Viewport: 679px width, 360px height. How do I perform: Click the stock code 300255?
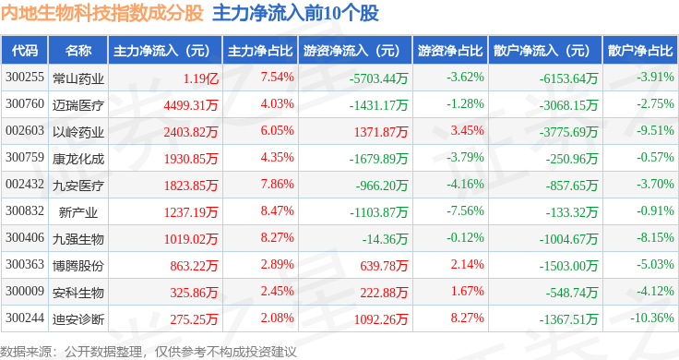[25, 77]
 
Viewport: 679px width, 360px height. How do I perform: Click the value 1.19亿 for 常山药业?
[200, 77]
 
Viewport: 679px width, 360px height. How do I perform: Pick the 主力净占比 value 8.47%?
[278, 211]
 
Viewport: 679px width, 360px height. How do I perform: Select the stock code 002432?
[25, 185]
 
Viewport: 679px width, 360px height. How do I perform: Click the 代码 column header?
[26, 50]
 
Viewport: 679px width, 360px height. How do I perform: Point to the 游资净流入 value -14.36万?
[387, 238]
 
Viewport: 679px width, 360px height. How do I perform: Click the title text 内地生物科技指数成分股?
[102, 14]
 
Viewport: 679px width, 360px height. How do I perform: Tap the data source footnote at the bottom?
[149, 351]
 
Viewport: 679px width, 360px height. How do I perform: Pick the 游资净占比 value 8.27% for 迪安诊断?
[465, 318]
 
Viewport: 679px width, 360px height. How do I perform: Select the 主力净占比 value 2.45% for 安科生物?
[278, 292]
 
